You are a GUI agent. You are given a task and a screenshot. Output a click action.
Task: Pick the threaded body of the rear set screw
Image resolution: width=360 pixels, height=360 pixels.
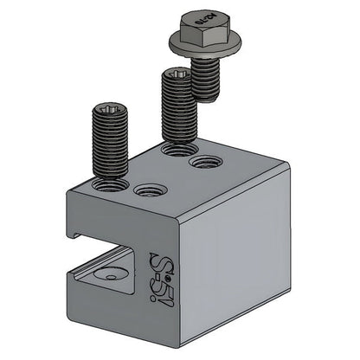point(177,112)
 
